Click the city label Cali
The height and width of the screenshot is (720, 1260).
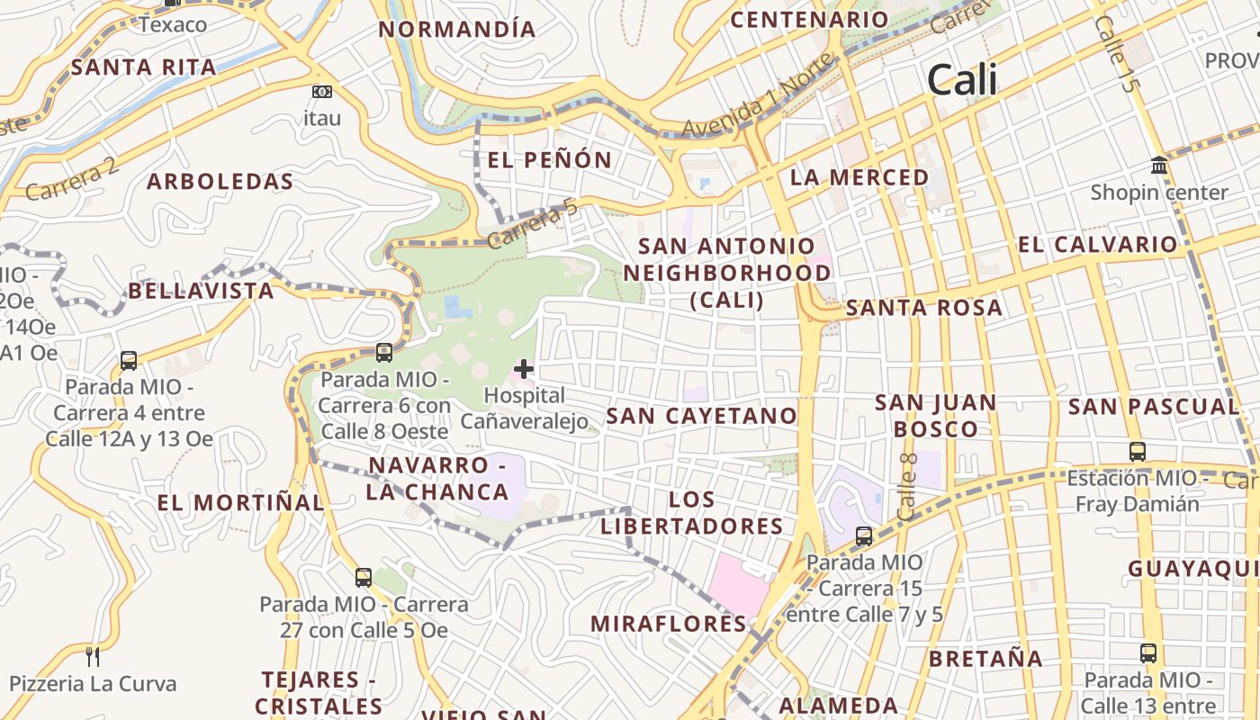[962, 80]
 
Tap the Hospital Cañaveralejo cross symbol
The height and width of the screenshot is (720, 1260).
[524, 368]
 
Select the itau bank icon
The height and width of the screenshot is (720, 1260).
[321, 92]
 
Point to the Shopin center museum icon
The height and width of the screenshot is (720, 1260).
[1159, 166]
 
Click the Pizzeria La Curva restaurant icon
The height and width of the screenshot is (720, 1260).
[92, 656]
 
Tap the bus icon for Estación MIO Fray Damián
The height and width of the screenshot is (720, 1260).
[1138, 451]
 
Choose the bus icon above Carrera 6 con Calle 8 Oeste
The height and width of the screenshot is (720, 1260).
[384, 352]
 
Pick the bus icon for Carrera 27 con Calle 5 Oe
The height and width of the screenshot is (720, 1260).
[364, 577]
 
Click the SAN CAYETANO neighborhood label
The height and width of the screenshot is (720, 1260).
[702, 416]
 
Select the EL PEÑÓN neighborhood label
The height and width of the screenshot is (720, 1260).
[550, 160]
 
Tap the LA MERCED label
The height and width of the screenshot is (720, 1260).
[859, 177]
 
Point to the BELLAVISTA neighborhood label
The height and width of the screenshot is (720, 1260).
[201, 291]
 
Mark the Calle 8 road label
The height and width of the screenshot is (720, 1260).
[907, 486]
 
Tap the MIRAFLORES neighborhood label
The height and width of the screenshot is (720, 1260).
[669, 624]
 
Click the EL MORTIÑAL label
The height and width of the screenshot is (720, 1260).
[240, 502]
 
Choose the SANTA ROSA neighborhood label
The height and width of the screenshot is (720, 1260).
[924, 308]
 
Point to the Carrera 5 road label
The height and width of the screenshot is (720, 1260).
[532, 225]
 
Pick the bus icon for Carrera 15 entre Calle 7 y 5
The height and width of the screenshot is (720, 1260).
[864, 536]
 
